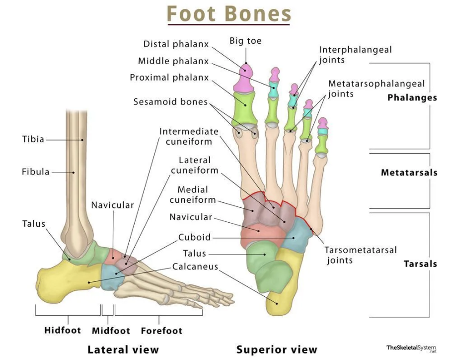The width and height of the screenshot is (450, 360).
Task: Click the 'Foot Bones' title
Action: (x=228, y=14)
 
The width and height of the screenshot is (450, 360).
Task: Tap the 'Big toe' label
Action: (x=245, y=40)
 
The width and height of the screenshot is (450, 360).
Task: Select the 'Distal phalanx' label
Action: (x=176, y=44)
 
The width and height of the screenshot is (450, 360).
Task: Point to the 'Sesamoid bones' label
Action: (x=170, y=102)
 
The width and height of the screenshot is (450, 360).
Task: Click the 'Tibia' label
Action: (x=33, y=139)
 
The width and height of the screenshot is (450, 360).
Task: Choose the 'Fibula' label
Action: (x=35, y=172)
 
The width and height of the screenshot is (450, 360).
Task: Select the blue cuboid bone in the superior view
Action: (x=298, y=234)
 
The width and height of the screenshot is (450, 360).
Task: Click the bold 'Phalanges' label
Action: (x=412, y=98)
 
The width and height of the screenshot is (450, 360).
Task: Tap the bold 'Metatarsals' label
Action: (x=409, y=173)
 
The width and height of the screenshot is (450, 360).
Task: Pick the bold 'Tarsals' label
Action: (x=420, y=264)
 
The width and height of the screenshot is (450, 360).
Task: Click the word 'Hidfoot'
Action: (x=62, y=331)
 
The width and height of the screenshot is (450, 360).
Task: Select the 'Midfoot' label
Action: (x=111, y=331)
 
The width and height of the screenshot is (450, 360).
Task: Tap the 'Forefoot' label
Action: (x=161, y=331)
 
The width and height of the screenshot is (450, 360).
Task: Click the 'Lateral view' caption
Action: (x=123, y=350)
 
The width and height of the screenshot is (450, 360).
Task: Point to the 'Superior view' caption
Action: (x=277, y=350)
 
